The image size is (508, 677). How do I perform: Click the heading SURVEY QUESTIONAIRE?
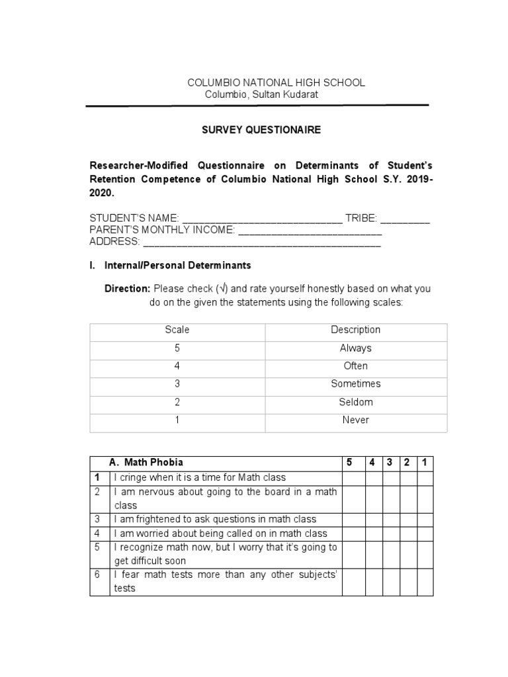261,130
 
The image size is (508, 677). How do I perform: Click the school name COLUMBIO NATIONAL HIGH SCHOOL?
276,83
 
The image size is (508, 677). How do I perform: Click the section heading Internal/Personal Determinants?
177,265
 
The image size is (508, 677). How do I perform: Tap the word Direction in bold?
128,289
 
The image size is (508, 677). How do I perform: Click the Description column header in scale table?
355,330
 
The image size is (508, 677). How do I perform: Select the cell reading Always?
355,348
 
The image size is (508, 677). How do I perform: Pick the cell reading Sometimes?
355,383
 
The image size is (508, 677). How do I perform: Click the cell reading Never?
355,420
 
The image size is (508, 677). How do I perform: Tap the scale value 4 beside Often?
177,366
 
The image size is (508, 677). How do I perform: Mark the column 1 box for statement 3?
425,519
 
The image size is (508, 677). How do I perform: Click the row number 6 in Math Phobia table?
97,575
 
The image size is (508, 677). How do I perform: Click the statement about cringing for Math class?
200,477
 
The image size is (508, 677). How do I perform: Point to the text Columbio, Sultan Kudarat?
261,95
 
